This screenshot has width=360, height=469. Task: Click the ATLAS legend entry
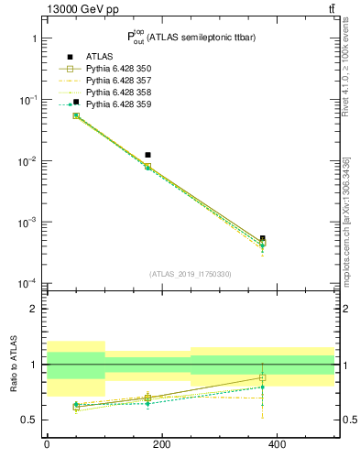(99, 56)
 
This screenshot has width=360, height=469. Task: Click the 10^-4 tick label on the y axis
(27, 283)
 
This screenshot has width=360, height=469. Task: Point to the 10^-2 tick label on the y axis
(27, 161)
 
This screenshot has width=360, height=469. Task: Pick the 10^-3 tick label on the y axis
(27, 223)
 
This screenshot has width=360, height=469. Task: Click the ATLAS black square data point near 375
(263, 238)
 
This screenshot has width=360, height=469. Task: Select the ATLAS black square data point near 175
(147, 155)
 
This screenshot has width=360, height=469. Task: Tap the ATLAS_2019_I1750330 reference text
(191, 274)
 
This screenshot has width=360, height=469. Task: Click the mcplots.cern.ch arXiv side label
(345, 220)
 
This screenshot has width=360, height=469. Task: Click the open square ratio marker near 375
(263, 377)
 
